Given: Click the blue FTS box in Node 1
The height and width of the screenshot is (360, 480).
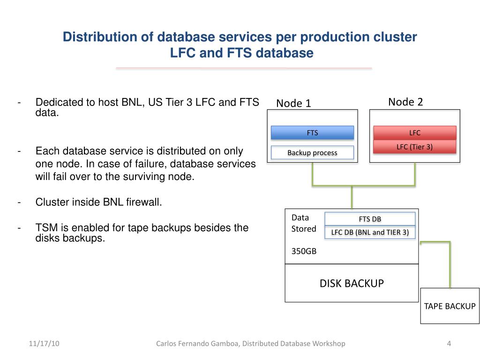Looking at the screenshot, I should [313, 133].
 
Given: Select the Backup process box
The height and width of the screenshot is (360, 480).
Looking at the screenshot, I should [312, 153].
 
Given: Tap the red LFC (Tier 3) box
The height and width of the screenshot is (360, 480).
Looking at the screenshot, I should [414, 147].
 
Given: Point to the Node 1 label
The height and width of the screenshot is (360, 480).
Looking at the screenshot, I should [293, 103].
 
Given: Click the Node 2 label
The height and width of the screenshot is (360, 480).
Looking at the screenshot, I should [405, 102].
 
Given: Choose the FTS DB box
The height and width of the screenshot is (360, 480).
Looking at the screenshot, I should [370, 219].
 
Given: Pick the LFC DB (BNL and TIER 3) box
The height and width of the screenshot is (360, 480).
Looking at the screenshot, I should [370, 232].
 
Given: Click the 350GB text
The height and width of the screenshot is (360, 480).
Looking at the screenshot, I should [304, 251].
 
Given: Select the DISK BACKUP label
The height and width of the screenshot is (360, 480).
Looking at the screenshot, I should [352, 283].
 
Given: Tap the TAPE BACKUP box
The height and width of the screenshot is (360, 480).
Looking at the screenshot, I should [450, 306].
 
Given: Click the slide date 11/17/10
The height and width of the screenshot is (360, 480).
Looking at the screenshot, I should [44, 344].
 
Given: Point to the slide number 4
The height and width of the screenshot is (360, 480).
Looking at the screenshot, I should [449, 344].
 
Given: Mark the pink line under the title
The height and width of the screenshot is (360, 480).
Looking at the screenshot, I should [244, 68].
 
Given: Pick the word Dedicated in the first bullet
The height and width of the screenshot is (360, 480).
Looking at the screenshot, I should [56, 102].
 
